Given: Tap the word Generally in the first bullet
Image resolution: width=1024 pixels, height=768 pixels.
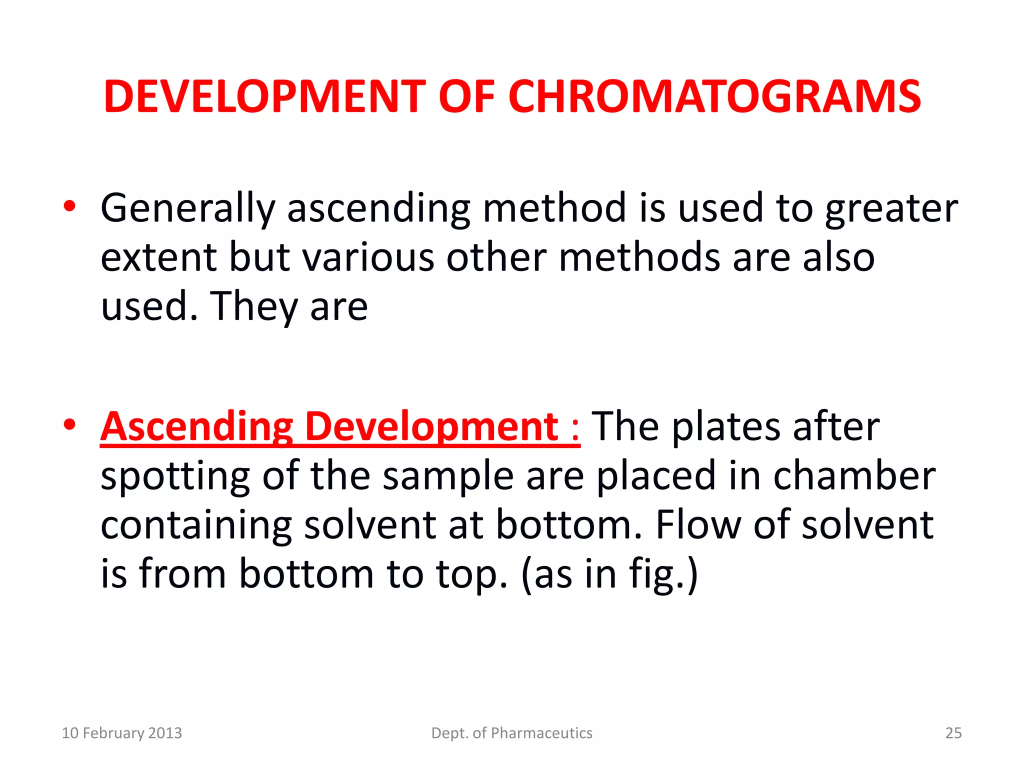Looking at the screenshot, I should pyautogui.click(x=188, y=208).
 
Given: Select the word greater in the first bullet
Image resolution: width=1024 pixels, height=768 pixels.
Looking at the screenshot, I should pyautogui.click(x=891, y=208).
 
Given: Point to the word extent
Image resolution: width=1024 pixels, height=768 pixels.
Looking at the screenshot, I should pyautogui.click(x=158, y=257).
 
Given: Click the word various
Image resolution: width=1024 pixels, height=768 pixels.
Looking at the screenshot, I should pyautogui.click(x=368, y=257).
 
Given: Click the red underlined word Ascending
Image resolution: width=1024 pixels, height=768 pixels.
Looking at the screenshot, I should pyautogui.click(x=196, y=427).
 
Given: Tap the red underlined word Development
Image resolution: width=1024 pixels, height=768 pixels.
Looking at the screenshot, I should pyautogui.click(x=431, y=427).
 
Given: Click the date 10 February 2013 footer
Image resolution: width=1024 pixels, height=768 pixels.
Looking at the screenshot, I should pyautogui.click(x=121, y=733).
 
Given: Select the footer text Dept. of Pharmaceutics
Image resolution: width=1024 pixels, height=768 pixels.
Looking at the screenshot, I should pyautogui.click(x=511, y=733).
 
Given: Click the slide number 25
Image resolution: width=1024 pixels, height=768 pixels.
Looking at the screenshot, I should pyautogui.click(x=953, y=733).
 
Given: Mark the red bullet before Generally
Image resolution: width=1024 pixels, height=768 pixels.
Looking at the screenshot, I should pyautogui.click(x=69, y=206).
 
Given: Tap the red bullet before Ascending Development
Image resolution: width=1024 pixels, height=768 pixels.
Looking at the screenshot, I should pyautogui.click(x=69, y=425).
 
